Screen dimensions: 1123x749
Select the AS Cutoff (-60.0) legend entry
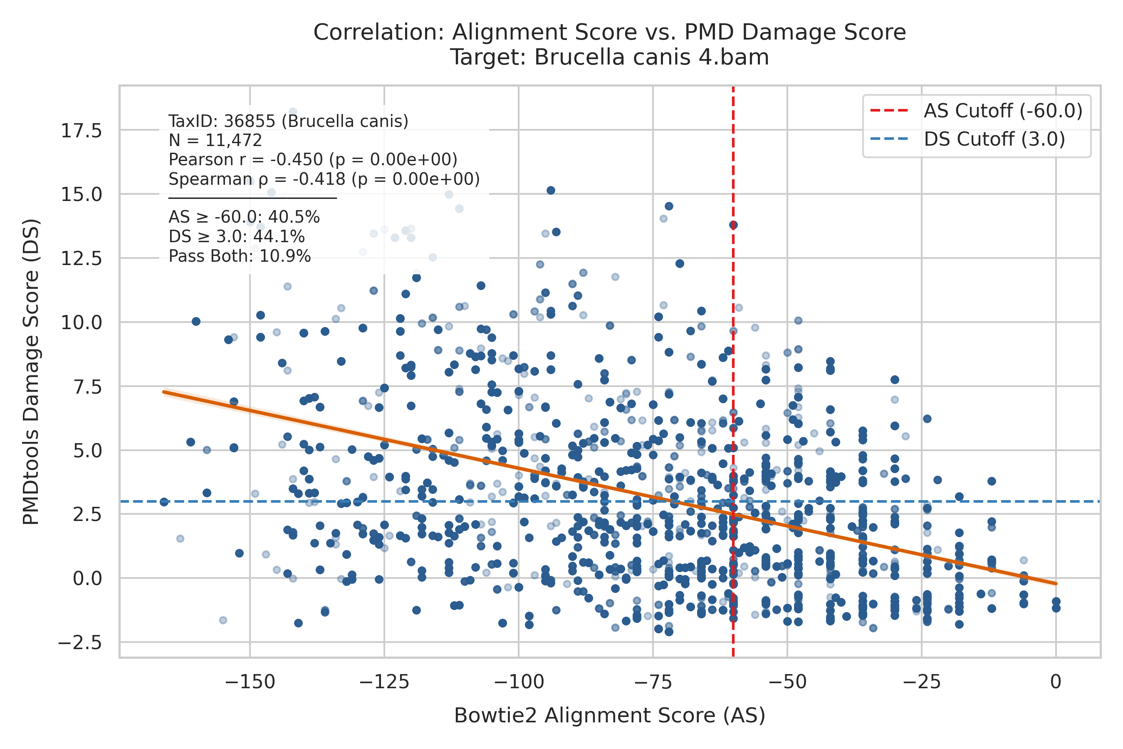coord(977,111)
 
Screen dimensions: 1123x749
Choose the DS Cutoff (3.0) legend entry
coord(968,139)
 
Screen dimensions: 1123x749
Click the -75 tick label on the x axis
coord(653,682)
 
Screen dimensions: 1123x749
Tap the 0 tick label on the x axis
coord(1056,682)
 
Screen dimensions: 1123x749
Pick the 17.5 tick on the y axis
coord(81,130)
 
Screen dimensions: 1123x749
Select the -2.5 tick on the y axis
coord(80,643)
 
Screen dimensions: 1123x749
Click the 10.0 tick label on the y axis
coord(81,323)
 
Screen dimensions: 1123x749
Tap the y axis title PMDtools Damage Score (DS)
coord(31,372)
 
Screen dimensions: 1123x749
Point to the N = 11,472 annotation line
coord(215,141)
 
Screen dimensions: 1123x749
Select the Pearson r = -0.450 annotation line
coord(313,159)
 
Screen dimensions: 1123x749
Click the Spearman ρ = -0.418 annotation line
coord(324,179)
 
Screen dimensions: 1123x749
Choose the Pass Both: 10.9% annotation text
coord(240,256)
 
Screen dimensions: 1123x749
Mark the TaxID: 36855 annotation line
coord(288,122)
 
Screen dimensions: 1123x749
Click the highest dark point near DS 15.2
coord(551,190)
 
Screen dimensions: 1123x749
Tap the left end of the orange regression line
coord(164,392)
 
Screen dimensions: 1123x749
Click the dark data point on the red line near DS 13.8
coord(733,225)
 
